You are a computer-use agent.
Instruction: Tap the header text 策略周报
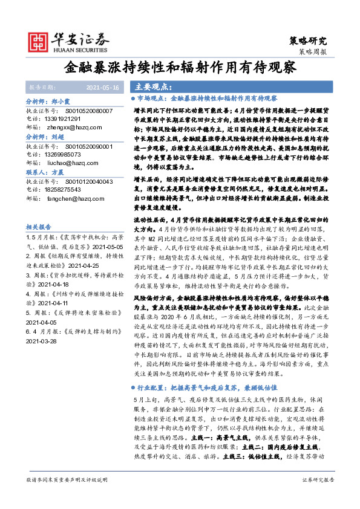[x=313, y=53]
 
